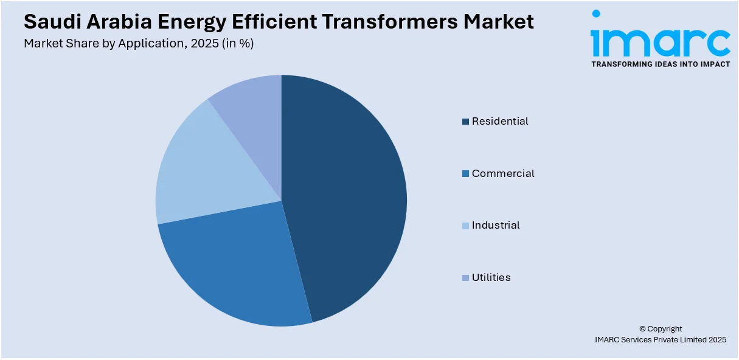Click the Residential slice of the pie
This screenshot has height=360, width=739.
[x=347, y=195]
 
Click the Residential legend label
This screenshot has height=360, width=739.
[x=500, y=121]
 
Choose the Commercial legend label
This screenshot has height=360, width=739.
[x=503, y=173]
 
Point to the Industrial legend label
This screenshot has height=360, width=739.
[x=496, y=225]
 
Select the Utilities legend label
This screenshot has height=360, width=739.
[x=491, y=277]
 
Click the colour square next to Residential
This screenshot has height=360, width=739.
[x=465, y=122]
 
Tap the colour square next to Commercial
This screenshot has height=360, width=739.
[x=465, y=174]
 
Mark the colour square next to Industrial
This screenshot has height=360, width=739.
[x=465, y=226]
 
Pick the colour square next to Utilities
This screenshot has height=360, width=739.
[x=465, y=278]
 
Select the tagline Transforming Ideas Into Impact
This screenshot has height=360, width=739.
[x=660, y=64]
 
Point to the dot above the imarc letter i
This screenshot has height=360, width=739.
[x=596, y=13]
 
